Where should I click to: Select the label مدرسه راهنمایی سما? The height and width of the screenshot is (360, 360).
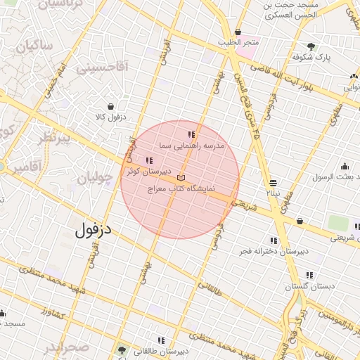click(191, 146)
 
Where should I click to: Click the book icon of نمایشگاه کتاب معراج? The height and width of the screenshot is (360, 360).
click(181, 178)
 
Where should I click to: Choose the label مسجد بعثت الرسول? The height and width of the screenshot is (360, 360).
click(336, 177)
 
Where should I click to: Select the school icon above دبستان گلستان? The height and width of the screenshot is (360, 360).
click(309, 276)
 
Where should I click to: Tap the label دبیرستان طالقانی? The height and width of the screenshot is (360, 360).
click(159, 350)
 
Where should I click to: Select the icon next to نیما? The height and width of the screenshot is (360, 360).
click(273, 183)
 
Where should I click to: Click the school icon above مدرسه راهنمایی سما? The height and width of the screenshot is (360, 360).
click(191, 134)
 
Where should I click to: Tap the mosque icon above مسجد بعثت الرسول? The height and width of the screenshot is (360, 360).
click(345, 167)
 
